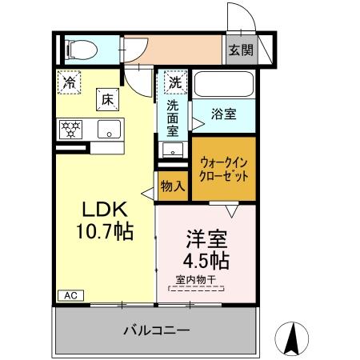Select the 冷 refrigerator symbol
[x=70, y=82]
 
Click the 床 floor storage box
[x=107, y=99]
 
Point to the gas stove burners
[x=71, y=128]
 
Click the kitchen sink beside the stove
[x=109, y=128]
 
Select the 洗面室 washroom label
[x=174, y=116]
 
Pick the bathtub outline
[x=223, y=83]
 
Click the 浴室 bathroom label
[x=224, y=114]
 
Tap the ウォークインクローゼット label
[x=224, y=168]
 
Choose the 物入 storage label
[x=173, y=186]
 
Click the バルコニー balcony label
[x=156, y=330]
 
